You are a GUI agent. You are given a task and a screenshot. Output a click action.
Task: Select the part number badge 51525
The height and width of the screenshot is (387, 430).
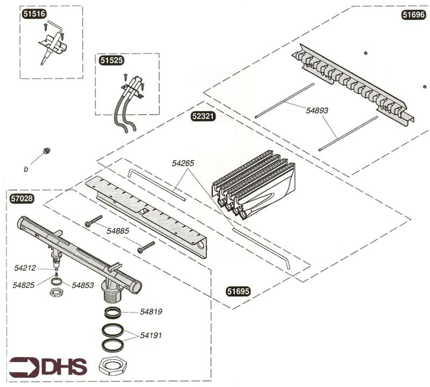tap(111, 61)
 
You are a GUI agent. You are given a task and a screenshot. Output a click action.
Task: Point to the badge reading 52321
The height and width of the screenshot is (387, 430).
tap(204, 116)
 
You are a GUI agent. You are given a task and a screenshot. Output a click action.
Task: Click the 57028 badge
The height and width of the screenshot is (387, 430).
tap(22, 198)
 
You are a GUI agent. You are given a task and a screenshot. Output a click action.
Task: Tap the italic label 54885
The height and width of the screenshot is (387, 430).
tap(118, 230)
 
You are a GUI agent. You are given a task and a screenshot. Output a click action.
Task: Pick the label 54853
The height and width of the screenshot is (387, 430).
tap(83, 285)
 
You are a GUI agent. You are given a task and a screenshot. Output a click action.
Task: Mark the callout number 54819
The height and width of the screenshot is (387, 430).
tap(151, 312)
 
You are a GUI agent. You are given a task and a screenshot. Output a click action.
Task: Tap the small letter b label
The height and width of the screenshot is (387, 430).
tap(25, 170)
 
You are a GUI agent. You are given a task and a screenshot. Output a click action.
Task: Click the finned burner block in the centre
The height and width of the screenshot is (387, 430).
tap(253, 183)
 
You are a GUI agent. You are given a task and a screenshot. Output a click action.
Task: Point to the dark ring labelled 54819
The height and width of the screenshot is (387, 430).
tap(114, 312)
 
